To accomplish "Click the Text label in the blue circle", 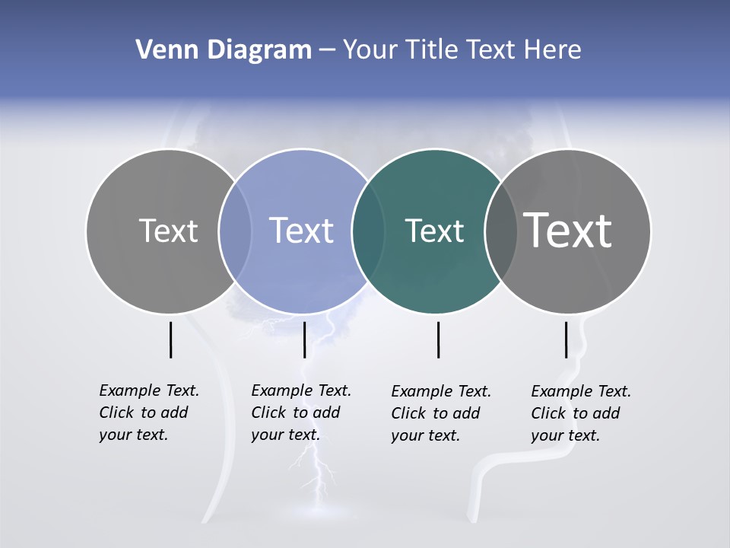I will tap(301, 231).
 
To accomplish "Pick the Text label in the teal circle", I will tap(434, 231).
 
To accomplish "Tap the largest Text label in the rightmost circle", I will tap(567, 230).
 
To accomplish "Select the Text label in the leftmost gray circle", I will tap(168, 231).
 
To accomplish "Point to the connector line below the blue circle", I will tap(304, 339).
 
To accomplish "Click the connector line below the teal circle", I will tap(438, 339).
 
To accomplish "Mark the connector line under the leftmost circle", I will tap(170, 339).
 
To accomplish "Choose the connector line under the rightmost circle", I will tap(566, 339).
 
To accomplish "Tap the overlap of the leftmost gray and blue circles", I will tap(235, 231).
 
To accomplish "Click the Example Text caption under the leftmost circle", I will tap(149, 413).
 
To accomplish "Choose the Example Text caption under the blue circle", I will tap(301, 413).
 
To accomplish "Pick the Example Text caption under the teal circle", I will tap(441, 413).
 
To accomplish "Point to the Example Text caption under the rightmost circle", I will tap(581, 413).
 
